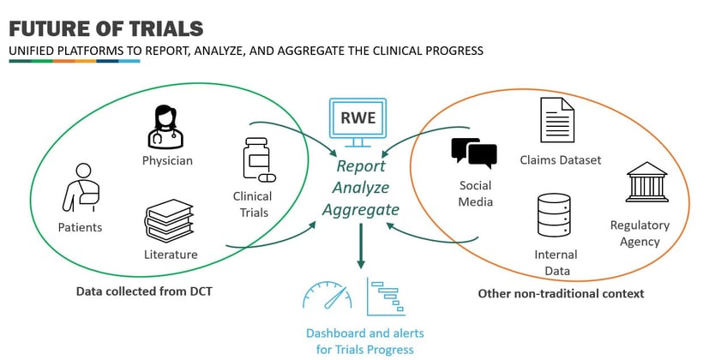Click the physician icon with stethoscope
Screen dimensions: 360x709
pyautogui.click(x=166, y=126)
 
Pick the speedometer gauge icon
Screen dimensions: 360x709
pyautogui.click(x=328, y=294)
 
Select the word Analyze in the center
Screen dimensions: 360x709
pyautogui.click(x=362, y=188)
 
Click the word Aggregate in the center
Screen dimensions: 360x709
pyautogui.click(x=361, y=209)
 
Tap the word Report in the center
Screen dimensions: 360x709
pyautogui.click(x=361, y=166)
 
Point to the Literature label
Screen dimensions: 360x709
pyautogui.click(x=171, y=254)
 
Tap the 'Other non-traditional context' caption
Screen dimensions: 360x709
pyautogui.click(x=561, y=294)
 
